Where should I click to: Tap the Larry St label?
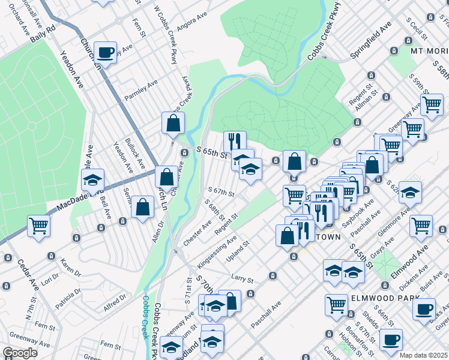tap(242, 278)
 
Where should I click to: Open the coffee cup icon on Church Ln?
tap(106, 53)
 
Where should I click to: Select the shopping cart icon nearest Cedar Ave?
tap(38, 226)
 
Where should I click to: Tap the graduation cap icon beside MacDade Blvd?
tap(92, 180)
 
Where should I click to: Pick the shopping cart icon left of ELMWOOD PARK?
tap(336, 305)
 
